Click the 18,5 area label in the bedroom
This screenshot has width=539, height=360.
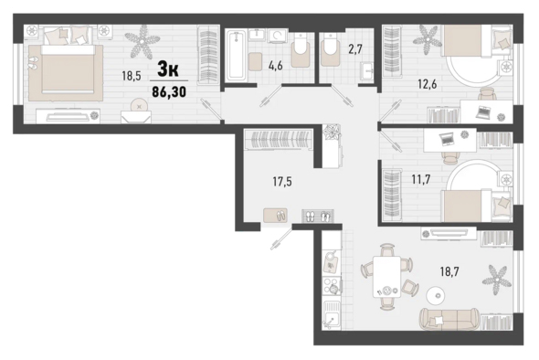(132, 76)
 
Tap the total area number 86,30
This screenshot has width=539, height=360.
(169, 91)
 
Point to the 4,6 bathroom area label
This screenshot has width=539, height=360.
(275, 65)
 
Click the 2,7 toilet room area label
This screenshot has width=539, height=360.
(355, 49)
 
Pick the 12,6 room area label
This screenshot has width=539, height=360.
(427, 83)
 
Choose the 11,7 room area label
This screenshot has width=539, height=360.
(421, 179)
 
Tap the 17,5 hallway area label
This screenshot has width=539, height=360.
(282, 182)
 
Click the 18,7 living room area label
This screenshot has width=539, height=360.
(449, 271)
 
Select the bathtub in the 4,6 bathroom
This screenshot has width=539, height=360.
(236, 56)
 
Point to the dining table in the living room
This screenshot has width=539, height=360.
(387, 277)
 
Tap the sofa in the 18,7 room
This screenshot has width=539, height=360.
(449, 319)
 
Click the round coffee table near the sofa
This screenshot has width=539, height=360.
(435, 295)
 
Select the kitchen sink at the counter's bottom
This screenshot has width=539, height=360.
(332, 315)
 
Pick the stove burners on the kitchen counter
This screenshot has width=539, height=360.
(332, 286)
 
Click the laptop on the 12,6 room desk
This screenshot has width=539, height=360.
(483, 112)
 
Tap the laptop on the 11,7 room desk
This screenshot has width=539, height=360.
(447, 139)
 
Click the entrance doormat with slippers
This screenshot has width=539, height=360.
(275, 216)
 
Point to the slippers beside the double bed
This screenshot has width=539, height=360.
(32, 63)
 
